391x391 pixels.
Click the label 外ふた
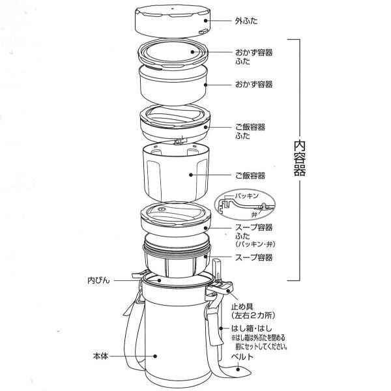click(x=246, y=20)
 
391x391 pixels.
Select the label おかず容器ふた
click(x=253, y=56)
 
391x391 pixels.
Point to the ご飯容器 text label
click(x=249, y=176)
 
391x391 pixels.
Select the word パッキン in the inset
click(x=246, y=195)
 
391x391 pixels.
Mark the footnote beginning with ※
click(x=260, y=343)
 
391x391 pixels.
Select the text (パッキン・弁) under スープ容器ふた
click(x=253, y=243)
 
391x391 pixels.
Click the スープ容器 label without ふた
click(x=253, y=258)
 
